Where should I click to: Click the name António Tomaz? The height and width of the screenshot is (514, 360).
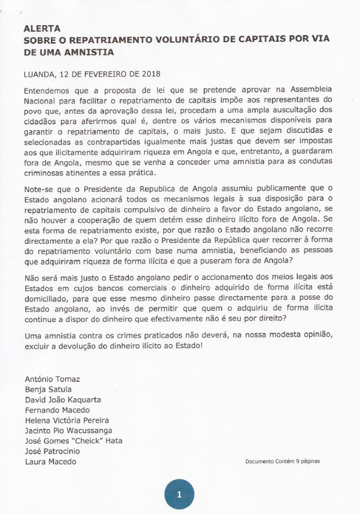[x=52, y=379]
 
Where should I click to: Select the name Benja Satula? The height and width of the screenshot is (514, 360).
[x=48, y=389]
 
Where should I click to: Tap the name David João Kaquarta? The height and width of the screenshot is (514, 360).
[x=63, y=400]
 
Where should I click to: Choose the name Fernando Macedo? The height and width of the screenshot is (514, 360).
[x=57, y=410]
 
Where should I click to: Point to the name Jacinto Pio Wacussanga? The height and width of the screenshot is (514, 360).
[x=68, y=431]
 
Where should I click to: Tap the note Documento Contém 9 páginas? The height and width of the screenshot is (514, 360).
[x=282, y=461]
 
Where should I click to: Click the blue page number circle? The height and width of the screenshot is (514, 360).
[x=179, y=495]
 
